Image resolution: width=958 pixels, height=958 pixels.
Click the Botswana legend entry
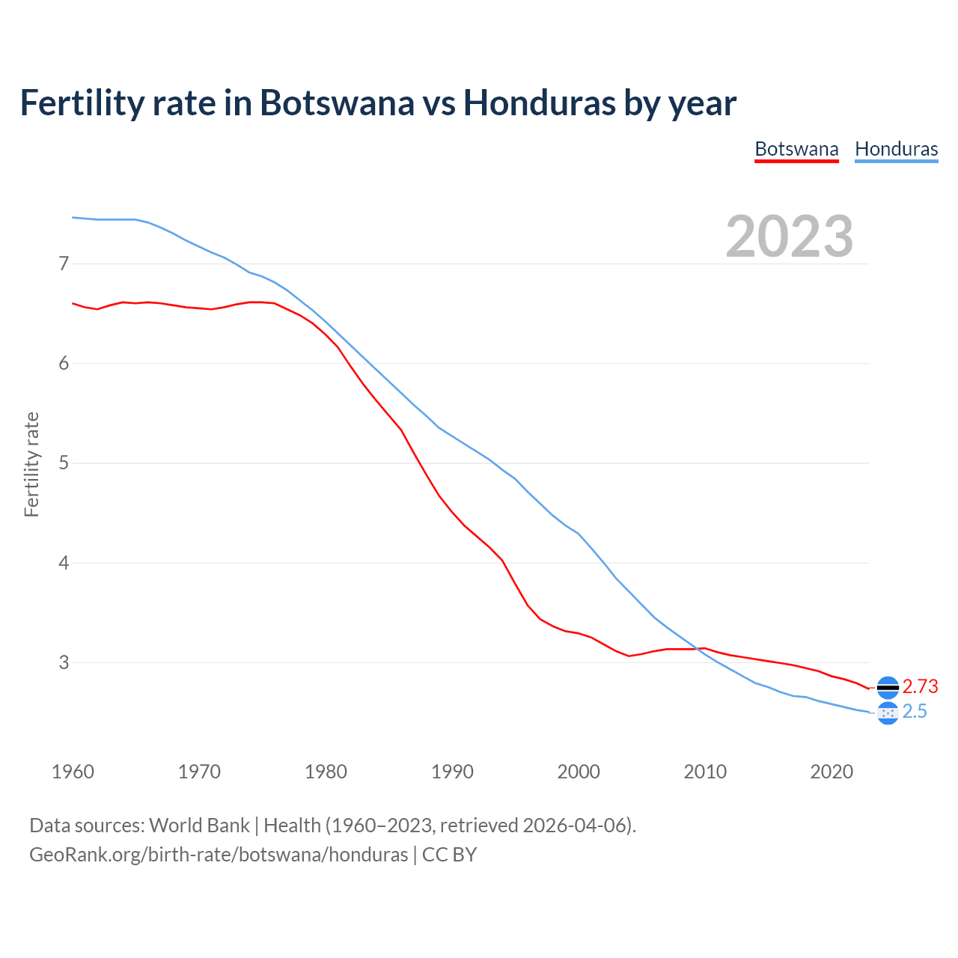[x=796, y=149]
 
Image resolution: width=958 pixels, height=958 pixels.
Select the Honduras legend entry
[x=896, y=149]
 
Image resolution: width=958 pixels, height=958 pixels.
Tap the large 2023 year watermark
[x=789, y=237]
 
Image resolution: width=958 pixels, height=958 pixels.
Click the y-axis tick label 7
[x=64, y=263]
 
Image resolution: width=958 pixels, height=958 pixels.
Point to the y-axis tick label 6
[x=64, y=363]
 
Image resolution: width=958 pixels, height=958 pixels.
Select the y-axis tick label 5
[x=64, y=463]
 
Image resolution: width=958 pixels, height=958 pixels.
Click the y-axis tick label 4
[x=64, y=562]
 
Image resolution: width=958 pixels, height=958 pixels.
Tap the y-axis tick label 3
[x=64, y=662]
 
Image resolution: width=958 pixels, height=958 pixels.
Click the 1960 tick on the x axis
[x=73, y=772]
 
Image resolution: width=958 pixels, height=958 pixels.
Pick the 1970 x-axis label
[x=199, y=772]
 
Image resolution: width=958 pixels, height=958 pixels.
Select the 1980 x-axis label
[x=326, y=772]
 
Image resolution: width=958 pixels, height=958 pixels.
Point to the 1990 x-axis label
[x=452, y=772]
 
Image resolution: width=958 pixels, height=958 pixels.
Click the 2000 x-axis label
[x=579, y=772]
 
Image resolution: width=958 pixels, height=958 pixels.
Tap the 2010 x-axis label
[x=705, y=772]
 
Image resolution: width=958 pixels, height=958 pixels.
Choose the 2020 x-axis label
[x=832, y=772]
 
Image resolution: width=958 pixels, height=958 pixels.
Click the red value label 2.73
[x=920, y=686]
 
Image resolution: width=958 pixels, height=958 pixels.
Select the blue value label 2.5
[x=915, y=712]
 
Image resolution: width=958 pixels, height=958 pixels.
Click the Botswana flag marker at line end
[x=888, y=687]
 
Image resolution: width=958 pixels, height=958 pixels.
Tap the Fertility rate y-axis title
[x=31, y=464]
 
